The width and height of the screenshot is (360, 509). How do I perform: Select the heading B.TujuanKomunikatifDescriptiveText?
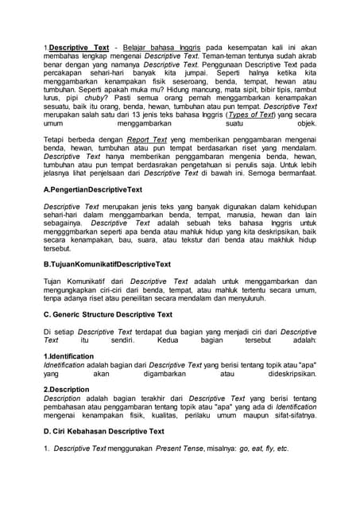[106, 263]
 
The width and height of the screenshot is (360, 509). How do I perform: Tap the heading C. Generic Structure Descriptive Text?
[107, 314]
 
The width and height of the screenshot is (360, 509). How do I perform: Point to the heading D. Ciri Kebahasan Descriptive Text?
[103, 431]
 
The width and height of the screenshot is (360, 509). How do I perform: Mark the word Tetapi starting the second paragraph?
[55, 138]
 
